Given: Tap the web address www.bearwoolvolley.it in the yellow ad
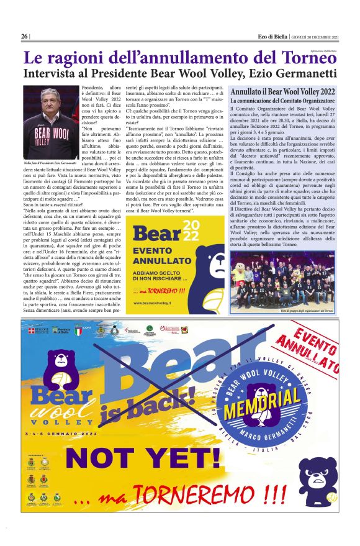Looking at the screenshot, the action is pos(152,304).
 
